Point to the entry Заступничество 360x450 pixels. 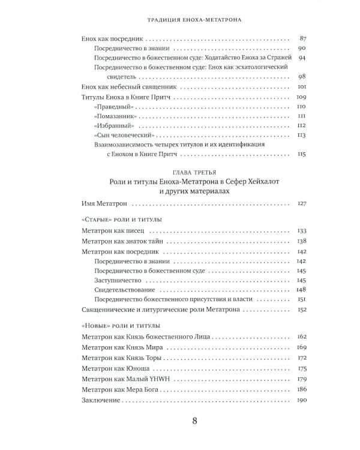tap(119, 280)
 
